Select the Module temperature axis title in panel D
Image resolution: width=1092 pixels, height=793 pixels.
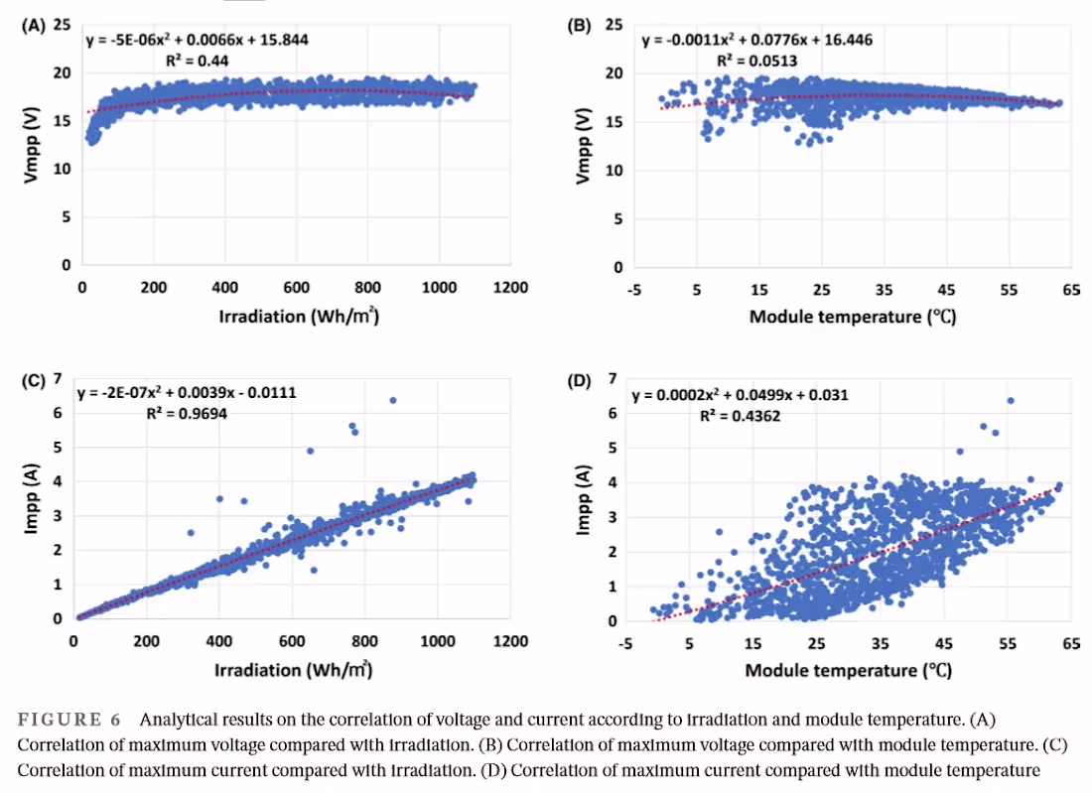[x=849, y=670]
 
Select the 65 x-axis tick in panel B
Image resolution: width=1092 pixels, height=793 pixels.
[x=1071, y=290]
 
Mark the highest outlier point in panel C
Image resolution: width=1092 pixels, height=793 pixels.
[x=392, y=400]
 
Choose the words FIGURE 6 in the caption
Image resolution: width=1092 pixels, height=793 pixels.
[x=61, y=720]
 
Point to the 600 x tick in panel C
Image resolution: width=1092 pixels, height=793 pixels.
[x=292, y=641]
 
